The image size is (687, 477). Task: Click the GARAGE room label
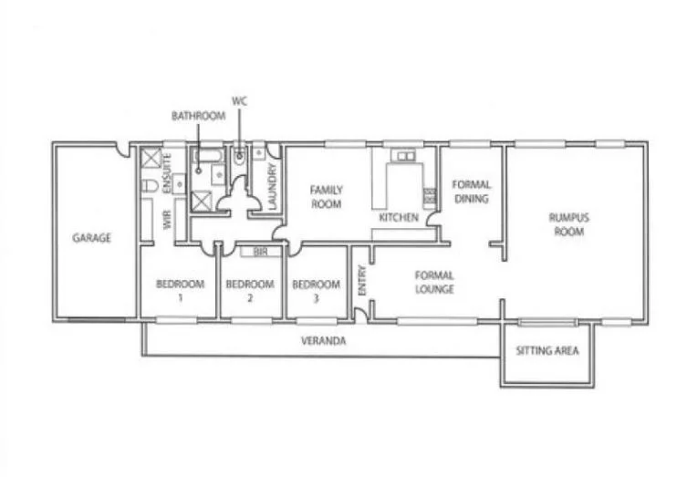click(x=92, y=238)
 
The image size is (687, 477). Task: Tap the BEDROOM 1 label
click(x=180, y=290)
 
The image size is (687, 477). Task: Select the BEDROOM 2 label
click(x=249, y=290)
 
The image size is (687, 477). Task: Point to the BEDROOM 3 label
click(x=316, y=290)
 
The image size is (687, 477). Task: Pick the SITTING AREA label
click(x=547, y=351)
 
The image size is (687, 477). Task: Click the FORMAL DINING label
click(x=471, y=191)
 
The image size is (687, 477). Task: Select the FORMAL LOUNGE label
click(x=434, y=282)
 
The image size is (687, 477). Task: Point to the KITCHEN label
click(x=400, y=219)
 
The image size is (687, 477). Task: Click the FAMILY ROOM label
click(x=326, y=196)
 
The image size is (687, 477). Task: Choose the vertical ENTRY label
click(x=362, y=279)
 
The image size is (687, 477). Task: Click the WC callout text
click(x=240, y=100)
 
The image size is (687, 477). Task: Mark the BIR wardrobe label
click(x=260, y=252)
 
